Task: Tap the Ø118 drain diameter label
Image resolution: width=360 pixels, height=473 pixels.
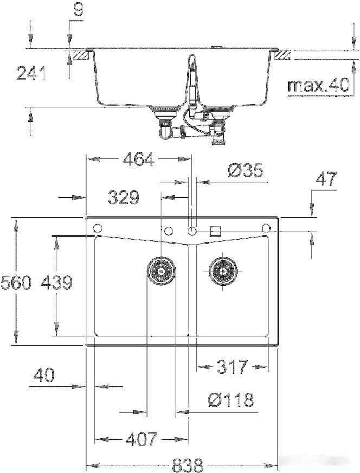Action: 230,400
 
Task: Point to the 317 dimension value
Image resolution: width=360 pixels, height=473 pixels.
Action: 232,367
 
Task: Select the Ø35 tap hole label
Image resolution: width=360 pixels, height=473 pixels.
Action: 245,171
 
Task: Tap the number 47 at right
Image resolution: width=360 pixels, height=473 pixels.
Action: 325,178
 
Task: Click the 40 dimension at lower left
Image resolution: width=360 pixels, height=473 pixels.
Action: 44,375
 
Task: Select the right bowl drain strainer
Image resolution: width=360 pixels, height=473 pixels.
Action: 223,269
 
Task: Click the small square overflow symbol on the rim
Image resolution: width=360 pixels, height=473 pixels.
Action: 215,230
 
